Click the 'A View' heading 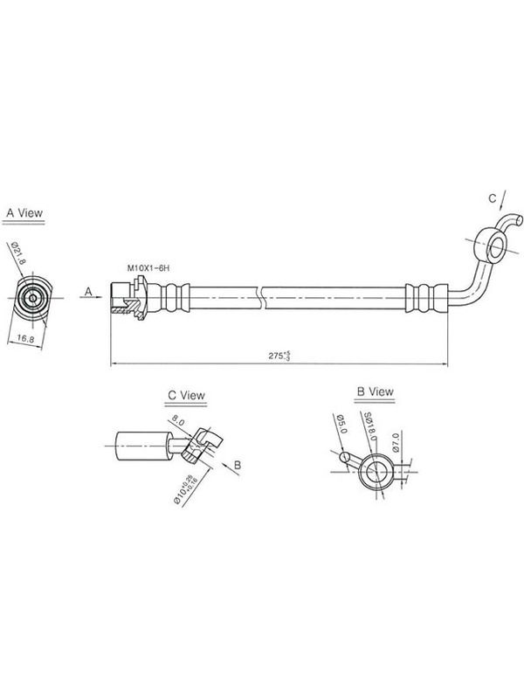coord(24,212)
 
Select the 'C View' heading coord(186,395)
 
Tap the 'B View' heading coord(376,391)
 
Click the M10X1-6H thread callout coord(148,268)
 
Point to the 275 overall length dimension coord(279,356)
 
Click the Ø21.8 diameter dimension coord(17,253)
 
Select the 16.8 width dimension coord(25,339)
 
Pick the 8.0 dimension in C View coord(178,420)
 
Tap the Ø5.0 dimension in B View coord(342,424)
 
